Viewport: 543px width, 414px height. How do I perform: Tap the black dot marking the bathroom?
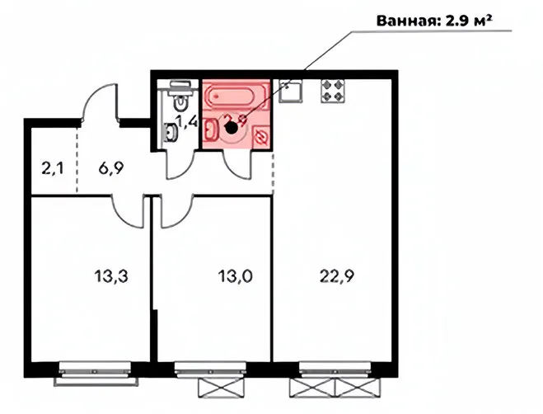coord(232,127)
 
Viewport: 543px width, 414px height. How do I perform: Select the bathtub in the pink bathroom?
coord(236,98)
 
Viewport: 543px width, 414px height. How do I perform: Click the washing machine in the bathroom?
coord(261,134)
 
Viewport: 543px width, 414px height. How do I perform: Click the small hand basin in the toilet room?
coord(171,131)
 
